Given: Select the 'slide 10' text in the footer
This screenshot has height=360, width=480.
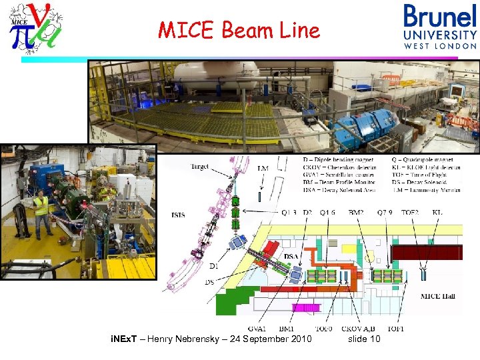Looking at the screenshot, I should coord(364,340).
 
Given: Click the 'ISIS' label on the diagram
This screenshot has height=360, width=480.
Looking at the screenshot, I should coord(178,215).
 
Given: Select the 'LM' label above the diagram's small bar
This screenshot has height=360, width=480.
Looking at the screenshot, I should coord(263,169).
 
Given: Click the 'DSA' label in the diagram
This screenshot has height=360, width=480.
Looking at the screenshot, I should coord(291,256).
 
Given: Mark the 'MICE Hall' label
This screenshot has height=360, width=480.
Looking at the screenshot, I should coord(438,295).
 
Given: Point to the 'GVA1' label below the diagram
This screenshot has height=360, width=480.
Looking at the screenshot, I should coord(257,329).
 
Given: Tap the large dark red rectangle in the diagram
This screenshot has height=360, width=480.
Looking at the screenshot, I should coord(425,252).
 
